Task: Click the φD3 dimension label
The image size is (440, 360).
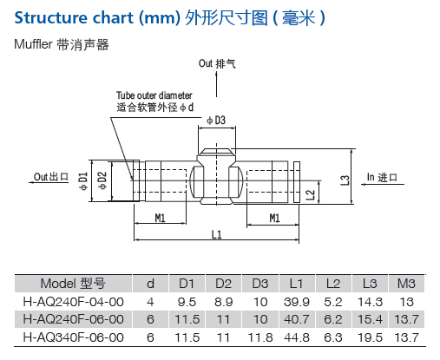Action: click(216, 121)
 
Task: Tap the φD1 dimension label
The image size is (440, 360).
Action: click(83, 181)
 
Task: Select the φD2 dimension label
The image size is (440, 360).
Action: click(102, 180)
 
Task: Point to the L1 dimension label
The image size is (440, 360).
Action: click(217, 234)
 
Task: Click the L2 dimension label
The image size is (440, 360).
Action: click(310, 195)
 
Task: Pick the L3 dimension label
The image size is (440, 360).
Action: click(345, 180)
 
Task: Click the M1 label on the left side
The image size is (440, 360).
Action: click(160, 218)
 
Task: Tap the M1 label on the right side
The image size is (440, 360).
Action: click(274, 218)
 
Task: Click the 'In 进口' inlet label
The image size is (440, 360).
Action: click(382, 177)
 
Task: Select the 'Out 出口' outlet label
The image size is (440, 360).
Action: click(51, 177)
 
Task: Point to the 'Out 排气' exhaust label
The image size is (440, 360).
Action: click(217, 63)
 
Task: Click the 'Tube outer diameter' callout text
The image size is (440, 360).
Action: click(154, 95)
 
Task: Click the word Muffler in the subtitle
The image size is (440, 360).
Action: click(33, 44)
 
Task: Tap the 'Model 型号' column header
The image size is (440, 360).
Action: click(73, 284)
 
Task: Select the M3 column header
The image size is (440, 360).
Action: click(406, 284)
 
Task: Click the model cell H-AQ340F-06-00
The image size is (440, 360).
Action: click(73, 337)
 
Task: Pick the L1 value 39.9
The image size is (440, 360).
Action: click(297, 302)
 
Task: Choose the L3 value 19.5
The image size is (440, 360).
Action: click(370, 337)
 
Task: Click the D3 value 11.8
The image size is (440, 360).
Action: click(260, 337)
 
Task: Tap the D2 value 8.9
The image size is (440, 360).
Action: click(224, 302)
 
